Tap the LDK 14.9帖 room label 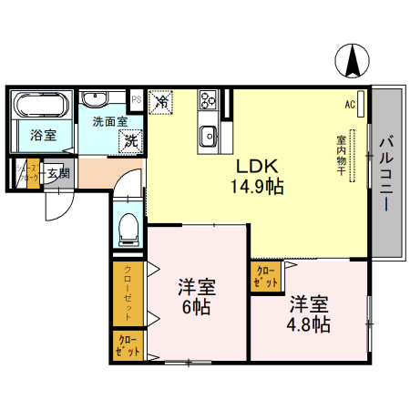(258, 177)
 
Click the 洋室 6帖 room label (194, 295)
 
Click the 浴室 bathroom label (42, 136)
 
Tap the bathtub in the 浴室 (42, 105)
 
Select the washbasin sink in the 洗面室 (96, 100)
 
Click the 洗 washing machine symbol (132, 140)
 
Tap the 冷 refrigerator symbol (160, 102)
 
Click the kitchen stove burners (207, 99)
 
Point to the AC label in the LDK (349, 105)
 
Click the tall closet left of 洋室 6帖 (127, 293)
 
